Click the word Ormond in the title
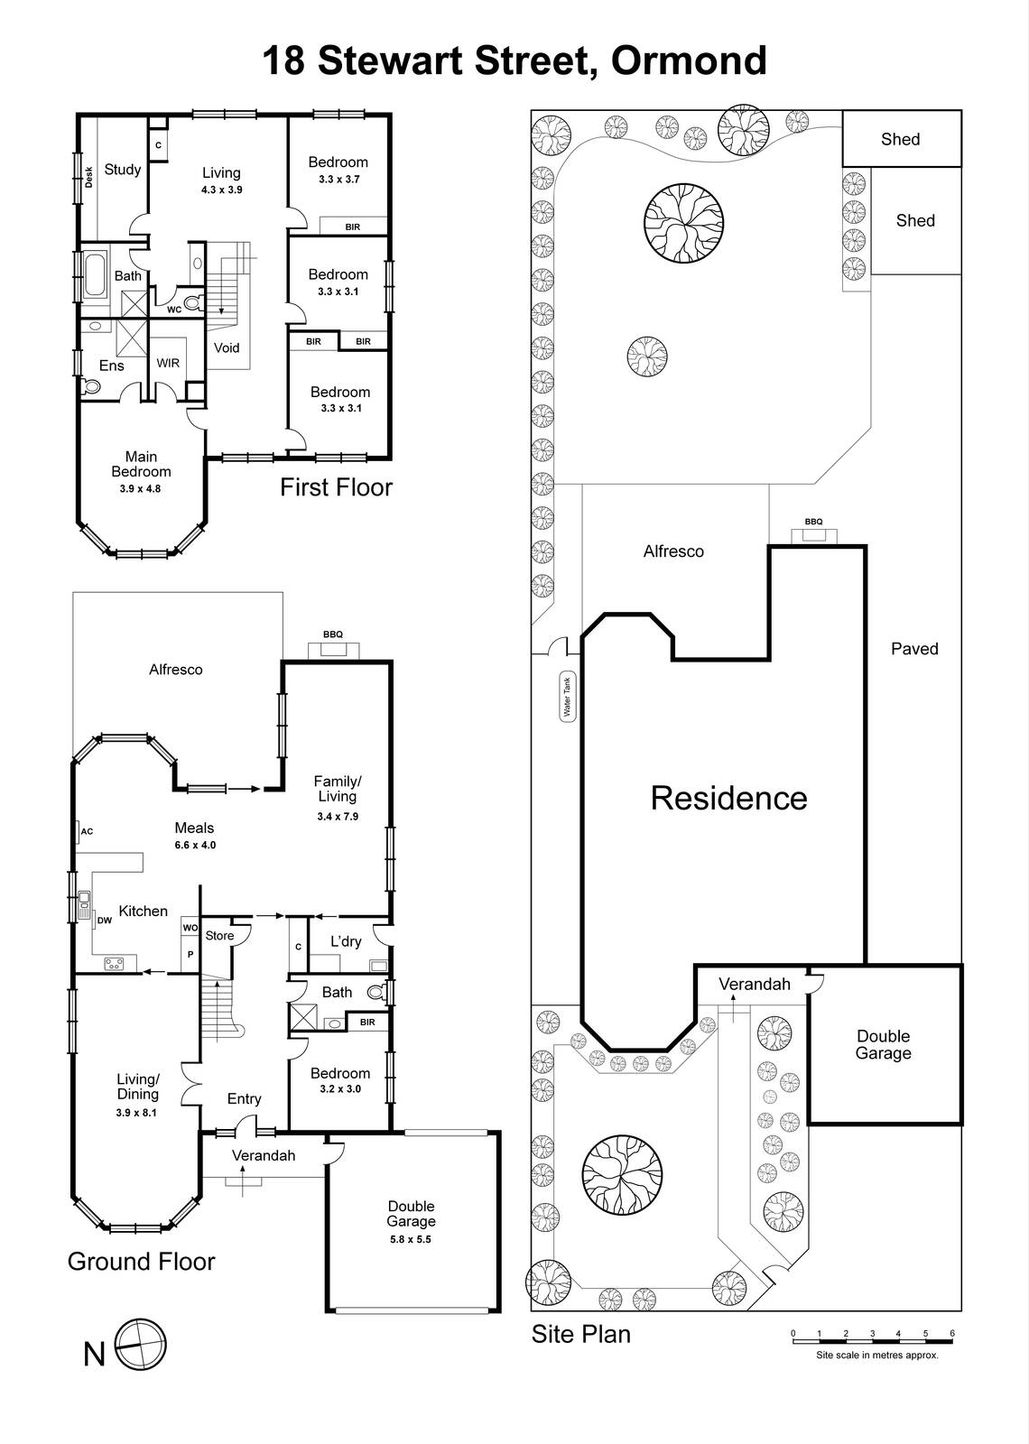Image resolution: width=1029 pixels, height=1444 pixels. coord(689,61)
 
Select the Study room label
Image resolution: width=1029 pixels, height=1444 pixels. coord(123,170)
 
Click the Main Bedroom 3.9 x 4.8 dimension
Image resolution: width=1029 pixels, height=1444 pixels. coord(140,489)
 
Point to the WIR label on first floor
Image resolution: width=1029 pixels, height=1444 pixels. coord(168,364)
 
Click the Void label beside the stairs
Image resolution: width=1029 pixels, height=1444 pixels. coord(227,347)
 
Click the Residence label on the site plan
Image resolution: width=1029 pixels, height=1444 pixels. coord(728,798)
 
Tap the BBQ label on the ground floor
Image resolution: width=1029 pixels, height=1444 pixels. coord(332,634)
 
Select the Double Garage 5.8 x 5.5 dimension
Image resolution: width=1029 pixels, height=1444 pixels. coord(411,1239)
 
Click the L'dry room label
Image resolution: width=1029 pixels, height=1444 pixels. coord(345,941)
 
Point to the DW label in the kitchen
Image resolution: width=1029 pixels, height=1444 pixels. coord(105,921)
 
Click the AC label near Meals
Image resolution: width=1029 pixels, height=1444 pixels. coord(87,831)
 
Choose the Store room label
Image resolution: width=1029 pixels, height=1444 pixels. coord(219,936)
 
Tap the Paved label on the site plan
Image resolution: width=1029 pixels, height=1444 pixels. coord(914,649)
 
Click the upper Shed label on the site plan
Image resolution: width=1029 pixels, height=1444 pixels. coord(900,139)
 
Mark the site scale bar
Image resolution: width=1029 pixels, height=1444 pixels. coord(872,1341)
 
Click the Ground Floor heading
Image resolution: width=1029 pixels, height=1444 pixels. coord(141,1262)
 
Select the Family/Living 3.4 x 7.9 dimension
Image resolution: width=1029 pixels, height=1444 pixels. coord(338,817)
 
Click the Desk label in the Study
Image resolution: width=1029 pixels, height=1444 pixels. coord(89,178)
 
